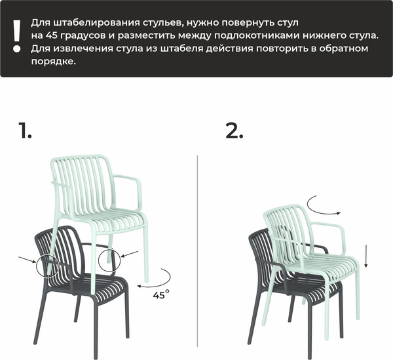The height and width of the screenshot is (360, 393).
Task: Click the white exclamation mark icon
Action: point(17,36)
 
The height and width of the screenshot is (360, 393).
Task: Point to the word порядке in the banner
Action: point(53,62)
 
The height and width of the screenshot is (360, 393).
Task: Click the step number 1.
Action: point(26,130)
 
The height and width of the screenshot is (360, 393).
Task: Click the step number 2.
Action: point(234,130)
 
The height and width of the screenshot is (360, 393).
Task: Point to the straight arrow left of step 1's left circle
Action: point(28,260)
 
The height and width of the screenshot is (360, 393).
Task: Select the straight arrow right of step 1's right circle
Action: point(129,254)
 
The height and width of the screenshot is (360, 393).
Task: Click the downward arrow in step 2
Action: point(366,256)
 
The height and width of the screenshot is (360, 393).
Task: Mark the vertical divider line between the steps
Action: point(198,251)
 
